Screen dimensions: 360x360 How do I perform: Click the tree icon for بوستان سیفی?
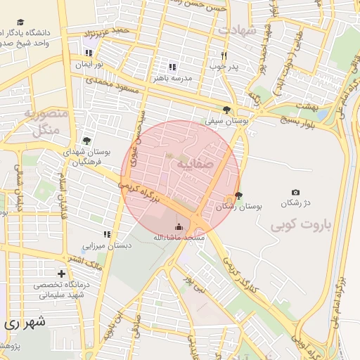226,110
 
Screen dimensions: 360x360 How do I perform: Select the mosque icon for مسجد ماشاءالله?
178,226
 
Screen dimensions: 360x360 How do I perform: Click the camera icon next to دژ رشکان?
295,192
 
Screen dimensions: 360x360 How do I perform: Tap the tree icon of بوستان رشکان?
239,195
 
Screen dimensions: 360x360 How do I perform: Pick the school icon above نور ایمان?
89,53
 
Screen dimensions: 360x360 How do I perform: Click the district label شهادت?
238,30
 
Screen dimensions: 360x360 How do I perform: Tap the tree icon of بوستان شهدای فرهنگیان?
86,141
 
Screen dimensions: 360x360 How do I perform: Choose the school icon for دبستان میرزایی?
107,234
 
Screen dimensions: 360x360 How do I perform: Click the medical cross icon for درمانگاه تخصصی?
62,274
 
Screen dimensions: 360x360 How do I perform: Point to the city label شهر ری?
22,324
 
